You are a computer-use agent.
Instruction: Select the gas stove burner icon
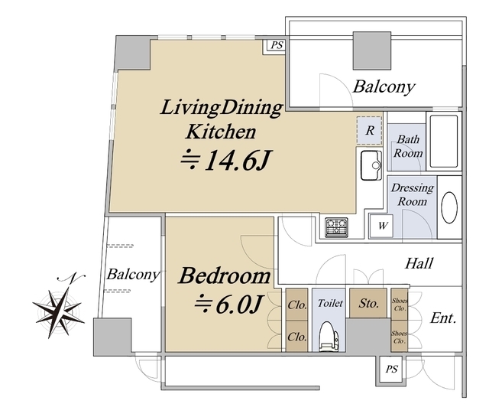[336, 227]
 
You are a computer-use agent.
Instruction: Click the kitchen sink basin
[371, 165]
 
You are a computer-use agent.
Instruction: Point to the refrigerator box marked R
[370, 131]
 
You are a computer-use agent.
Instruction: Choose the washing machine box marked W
[381, 225]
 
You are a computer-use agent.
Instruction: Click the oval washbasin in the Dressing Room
[449, 207]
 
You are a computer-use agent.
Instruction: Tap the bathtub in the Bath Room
[444, 142]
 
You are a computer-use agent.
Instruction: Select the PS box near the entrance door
[392, 369]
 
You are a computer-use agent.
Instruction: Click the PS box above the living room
[276, 46]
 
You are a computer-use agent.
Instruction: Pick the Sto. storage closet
[368, 303]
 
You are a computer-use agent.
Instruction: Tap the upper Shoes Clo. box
[399, 304]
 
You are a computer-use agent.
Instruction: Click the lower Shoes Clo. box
[399, 336]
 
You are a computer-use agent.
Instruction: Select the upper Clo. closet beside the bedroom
[297, 305]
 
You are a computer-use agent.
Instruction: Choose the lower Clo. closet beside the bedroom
[297, 337]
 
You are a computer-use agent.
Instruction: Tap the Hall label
[419, 263]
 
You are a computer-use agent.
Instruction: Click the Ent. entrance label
[443, 318]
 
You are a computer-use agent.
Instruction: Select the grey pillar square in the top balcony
[372, 50]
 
